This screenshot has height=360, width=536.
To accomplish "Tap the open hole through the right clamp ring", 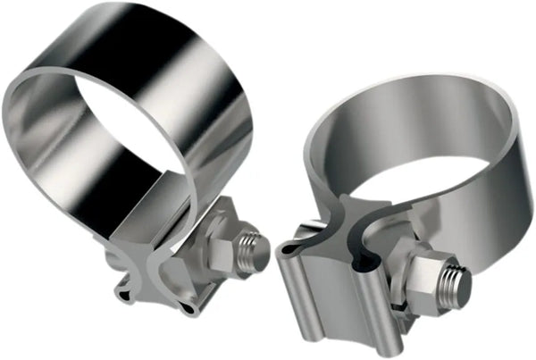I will click(411, 192).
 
